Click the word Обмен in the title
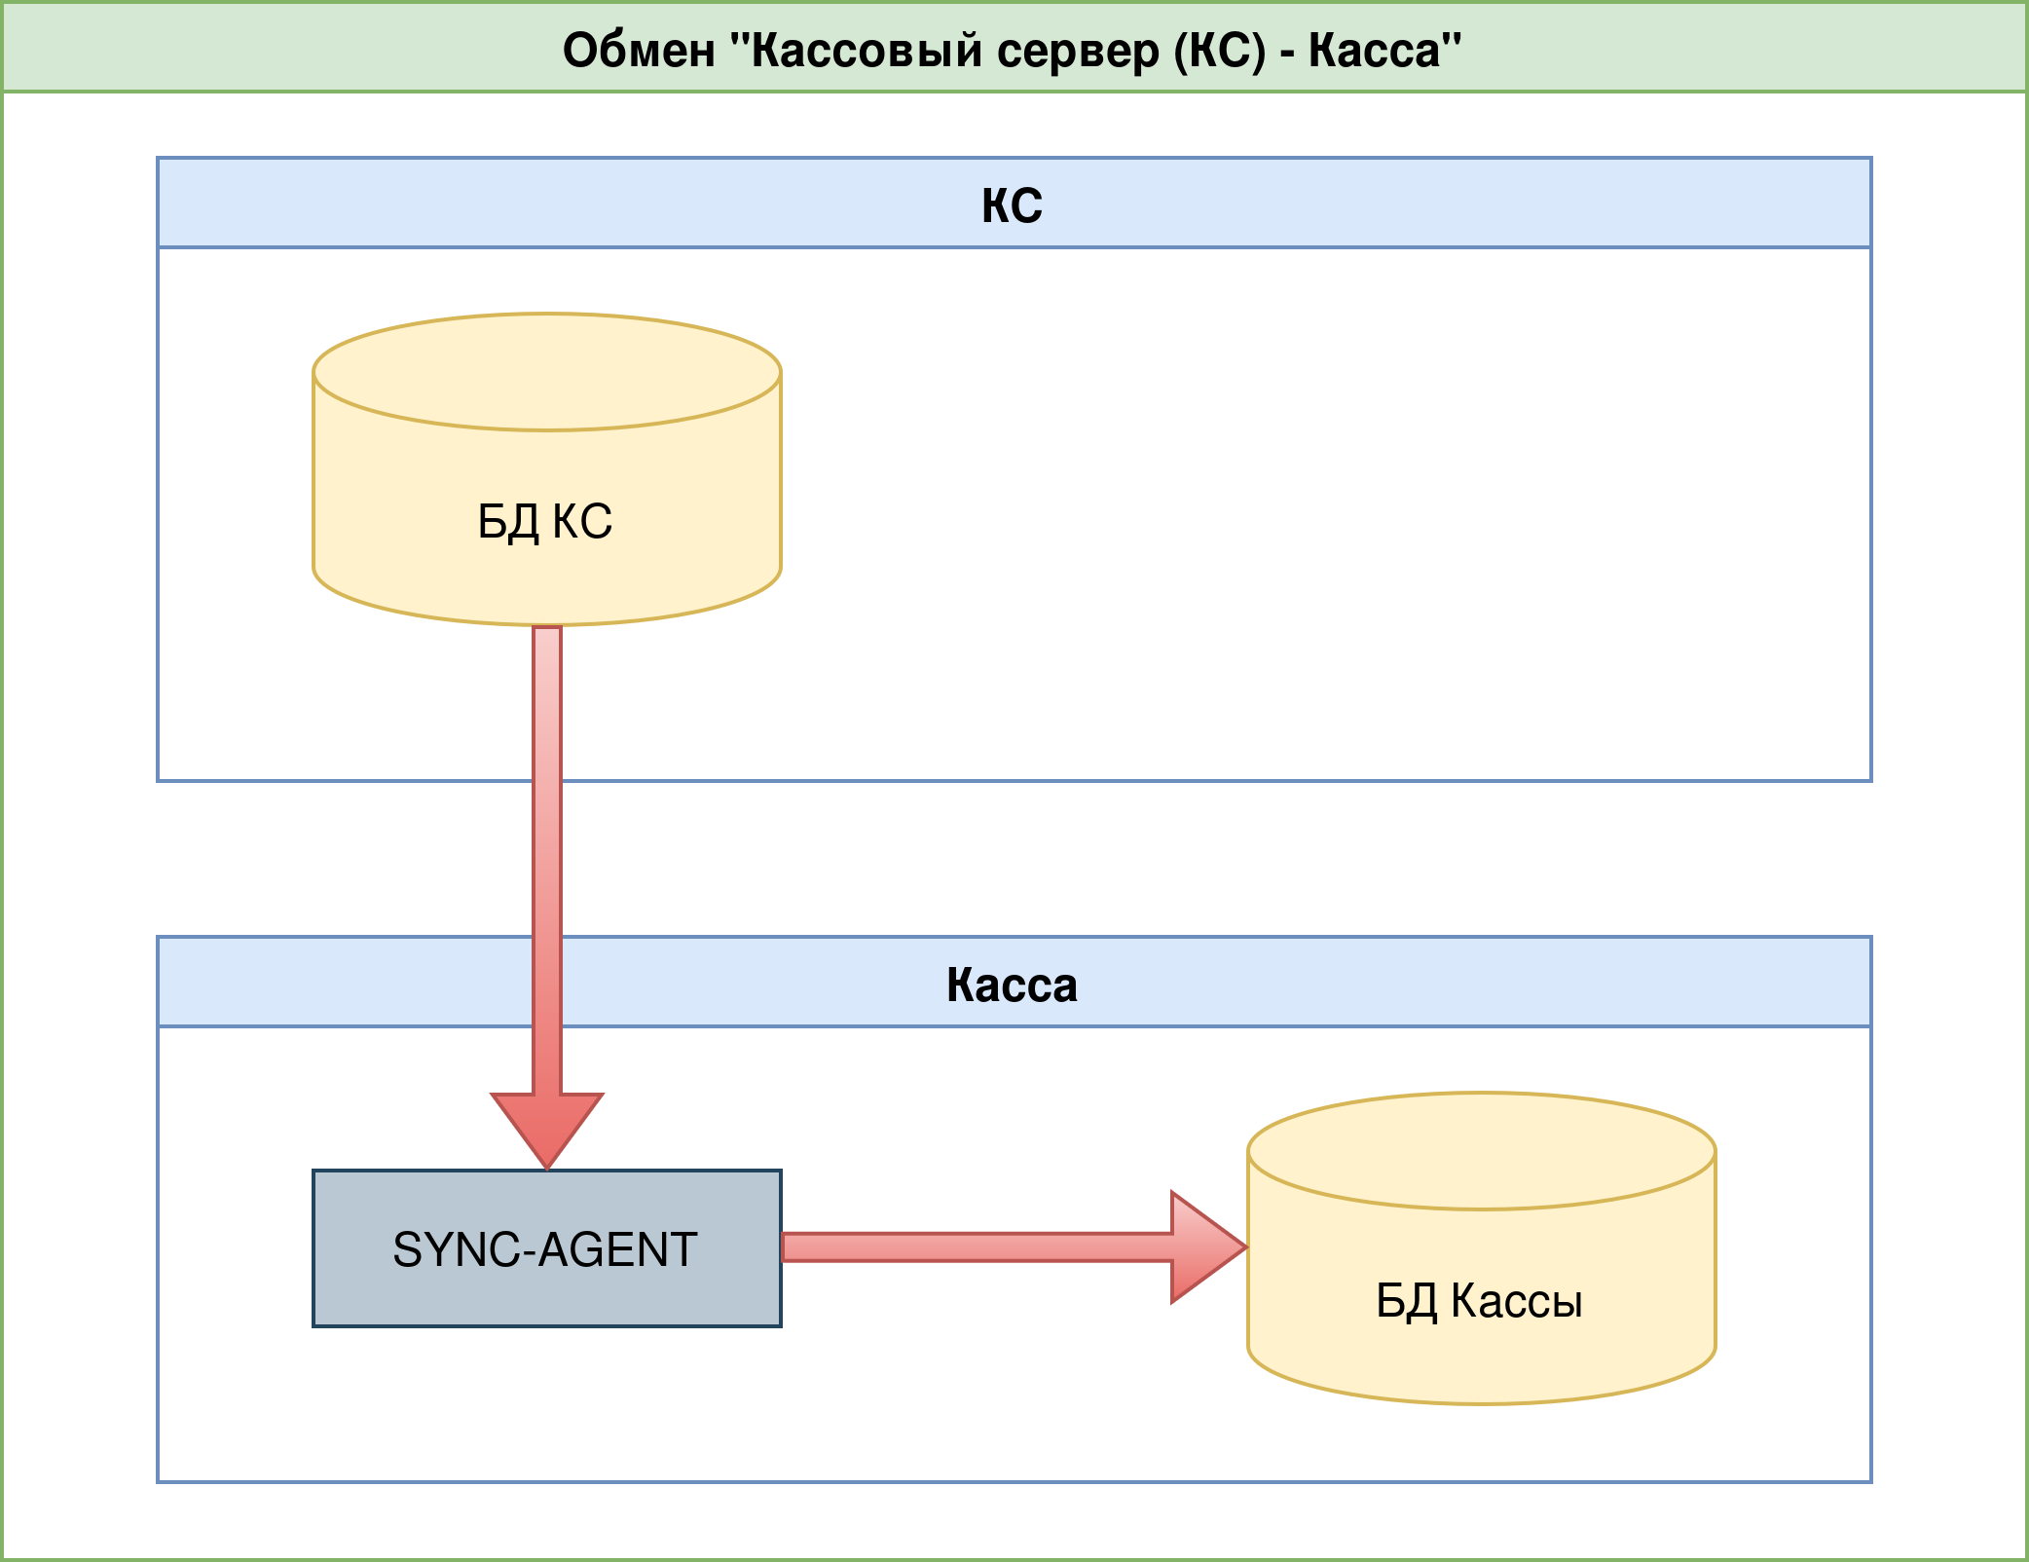639,51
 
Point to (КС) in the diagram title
1220,51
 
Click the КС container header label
1013,205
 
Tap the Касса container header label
1013,985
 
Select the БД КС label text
545,522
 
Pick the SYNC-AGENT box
547,1248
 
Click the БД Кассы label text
1479,1301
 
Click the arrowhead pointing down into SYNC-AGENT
547,1125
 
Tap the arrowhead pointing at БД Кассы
1204,1247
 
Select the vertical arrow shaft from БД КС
547,857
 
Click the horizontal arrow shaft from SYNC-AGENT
974,1247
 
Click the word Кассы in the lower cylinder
1517,1301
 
